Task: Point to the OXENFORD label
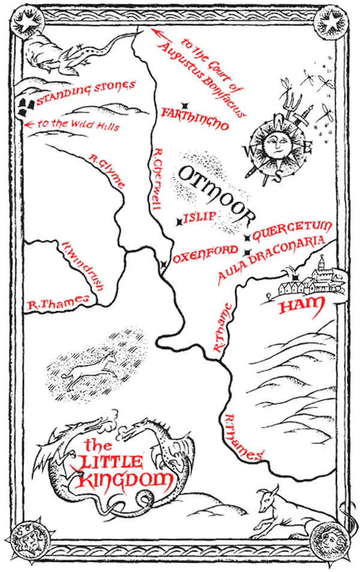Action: [201, 255]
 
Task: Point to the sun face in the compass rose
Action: [275, 144]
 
